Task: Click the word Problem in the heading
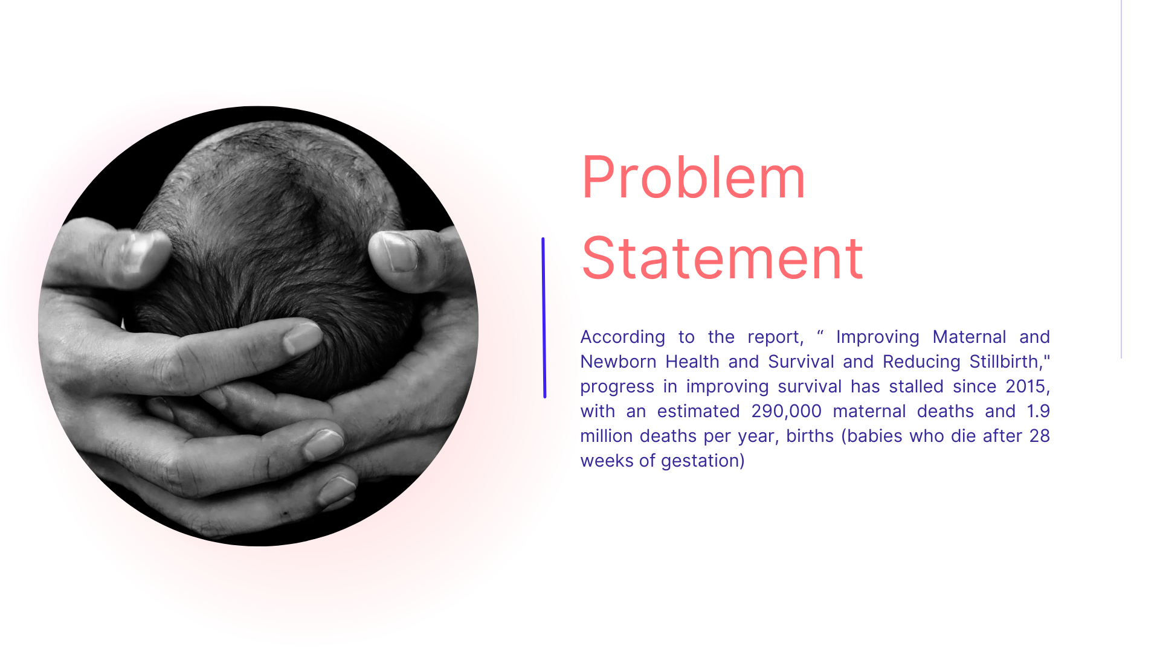[693, 177]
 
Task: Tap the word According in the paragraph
[622, 337]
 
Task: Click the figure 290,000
[786, 412]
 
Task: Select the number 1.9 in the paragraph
[1039, 411]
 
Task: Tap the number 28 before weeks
[1040, 436]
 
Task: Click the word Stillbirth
[1004, 362]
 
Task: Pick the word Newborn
[618, 362]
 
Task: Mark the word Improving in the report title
[877, 337]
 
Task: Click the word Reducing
[921, 362]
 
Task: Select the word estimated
[698, 411]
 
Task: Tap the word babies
[874, 436]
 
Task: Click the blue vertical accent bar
[544, 318]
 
